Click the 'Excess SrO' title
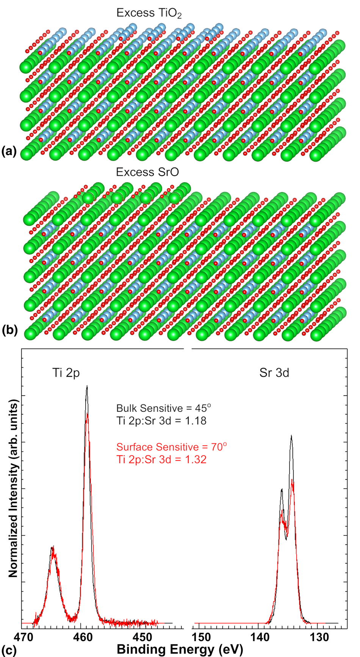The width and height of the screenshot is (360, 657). [147, 172]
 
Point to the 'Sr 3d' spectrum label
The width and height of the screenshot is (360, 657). [274, 373]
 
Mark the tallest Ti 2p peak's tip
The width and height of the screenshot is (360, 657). [87, 386]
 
